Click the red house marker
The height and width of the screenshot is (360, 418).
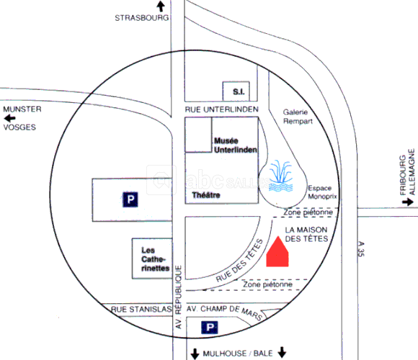tap(277, 252)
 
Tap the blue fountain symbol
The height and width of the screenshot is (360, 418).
tap(281, 176)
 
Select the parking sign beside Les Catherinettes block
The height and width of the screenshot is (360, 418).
tap(130, 199)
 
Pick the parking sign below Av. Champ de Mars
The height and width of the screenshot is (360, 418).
tap(210, 328)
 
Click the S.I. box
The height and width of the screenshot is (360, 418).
tap(236, 91)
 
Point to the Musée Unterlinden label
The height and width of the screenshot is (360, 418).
tap(236, 145)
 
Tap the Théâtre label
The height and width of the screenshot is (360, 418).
tap(206, 195)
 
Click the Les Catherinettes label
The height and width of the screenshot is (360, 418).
tap(156, 259)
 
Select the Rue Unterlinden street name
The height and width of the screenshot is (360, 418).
tap(222, 109)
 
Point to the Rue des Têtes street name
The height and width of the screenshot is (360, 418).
tap(240, 261)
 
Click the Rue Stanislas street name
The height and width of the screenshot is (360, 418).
tap(141, 310)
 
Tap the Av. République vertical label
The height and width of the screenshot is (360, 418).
tap(178, 297)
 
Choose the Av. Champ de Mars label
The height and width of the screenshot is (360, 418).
tap(225, 312)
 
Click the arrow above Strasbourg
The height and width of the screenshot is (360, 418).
tap(161, 6)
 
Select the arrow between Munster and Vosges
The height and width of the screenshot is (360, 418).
tap(9, 118)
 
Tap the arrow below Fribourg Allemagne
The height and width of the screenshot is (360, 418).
tap(408, 202)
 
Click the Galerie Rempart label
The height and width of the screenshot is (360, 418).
tap(298, 117)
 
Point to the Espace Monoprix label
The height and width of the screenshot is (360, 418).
tap(322, 192)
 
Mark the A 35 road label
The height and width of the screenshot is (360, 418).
tap(360, 249)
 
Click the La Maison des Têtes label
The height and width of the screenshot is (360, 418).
tap(306, 234)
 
